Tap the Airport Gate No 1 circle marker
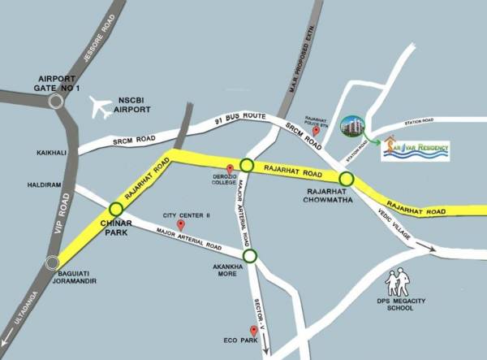[57, 101]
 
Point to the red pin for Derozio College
[231, 168]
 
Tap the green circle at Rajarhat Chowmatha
[347, 178]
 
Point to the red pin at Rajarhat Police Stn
[325, 130]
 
